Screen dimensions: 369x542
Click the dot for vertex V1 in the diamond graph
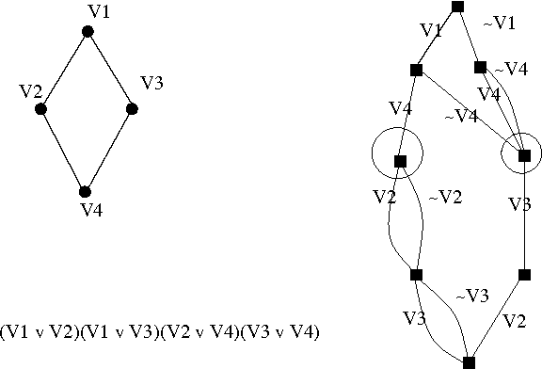point(88,32)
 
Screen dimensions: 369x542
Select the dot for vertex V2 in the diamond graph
point(41,109)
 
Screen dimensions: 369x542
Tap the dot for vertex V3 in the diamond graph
point(133,109)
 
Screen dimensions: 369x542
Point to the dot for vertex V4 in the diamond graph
point(85,192)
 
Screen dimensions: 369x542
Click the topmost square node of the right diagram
point(458,7)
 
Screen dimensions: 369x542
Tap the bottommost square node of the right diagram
point(470,361)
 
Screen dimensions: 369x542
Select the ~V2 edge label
point(445,198)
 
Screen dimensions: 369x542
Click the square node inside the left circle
point(399,161)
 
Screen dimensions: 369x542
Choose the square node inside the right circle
point(524,155)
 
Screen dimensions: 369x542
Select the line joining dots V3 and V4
point(109,151)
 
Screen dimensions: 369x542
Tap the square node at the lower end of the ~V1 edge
point(480,68)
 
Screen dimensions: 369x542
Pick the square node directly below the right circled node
point(524,276)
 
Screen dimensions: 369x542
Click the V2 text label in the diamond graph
point(30,91)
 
